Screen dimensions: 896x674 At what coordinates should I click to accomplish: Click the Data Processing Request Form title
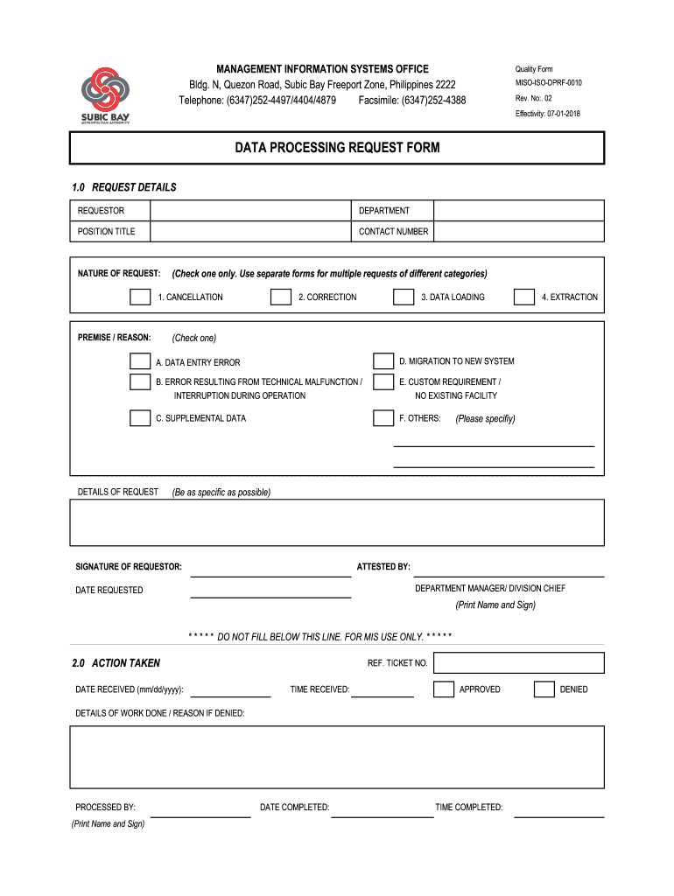click(x=337, y=148)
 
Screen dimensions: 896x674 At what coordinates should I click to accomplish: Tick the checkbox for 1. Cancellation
click(x=139, y=297)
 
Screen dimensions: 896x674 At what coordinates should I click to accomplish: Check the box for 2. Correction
click(x=280, y=297)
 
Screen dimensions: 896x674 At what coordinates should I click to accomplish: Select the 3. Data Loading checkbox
click(x=403, y=297)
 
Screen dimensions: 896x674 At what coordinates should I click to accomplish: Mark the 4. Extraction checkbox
click(x=523, y=297)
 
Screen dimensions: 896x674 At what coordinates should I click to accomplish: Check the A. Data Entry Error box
click(x=139, y=361)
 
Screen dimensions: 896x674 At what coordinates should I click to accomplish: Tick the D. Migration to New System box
click(x=383, y=361)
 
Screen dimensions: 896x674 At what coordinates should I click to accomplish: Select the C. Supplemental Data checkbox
click(x=139, y=417)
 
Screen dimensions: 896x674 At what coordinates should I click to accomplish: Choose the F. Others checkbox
click(x=383, y=417)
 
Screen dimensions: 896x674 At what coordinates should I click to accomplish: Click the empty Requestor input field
click(x=250, y=211)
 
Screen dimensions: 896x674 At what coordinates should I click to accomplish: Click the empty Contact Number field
click(x=519, y=232)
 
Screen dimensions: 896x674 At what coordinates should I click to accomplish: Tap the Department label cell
click(x=392, y=211)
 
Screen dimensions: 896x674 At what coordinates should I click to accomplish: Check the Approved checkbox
click(x=444, y=689)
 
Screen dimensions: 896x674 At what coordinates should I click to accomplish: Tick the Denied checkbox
click(x=544, y=689)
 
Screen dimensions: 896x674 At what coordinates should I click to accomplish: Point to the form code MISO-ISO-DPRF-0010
click(x=548, y=83)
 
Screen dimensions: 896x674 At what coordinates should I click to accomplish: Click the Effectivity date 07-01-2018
click(x=548, y=114)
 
